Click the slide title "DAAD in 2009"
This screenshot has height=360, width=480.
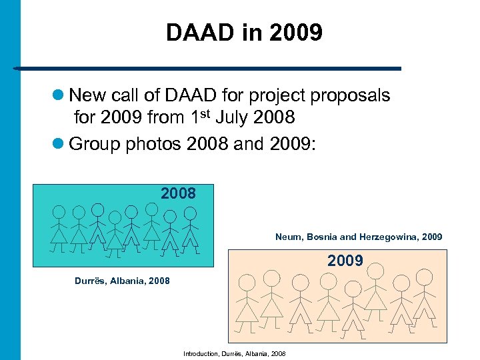click(x=244, y=33)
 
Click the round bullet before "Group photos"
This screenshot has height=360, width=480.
click(x=59, y=143)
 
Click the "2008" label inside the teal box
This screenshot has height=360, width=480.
click(x=178, y=193)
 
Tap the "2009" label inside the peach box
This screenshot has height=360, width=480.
click(x=345, y=261)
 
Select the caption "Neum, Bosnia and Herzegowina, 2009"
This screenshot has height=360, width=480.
click(x=358, y=237)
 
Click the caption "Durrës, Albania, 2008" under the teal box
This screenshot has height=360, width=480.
click(x=122, y=281)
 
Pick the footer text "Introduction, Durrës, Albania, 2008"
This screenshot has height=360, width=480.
click(x=234, y=353)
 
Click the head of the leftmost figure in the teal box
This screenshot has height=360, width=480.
click(x=59, y=212)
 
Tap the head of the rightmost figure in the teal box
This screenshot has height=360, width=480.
click(x=191, y=213)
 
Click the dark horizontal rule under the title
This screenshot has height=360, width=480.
click(x=207, y=68)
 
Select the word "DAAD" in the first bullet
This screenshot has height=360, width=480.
click(x=173, y=95)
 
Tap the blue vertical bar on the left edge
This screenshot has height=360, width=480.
click(x=10, y=180)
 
